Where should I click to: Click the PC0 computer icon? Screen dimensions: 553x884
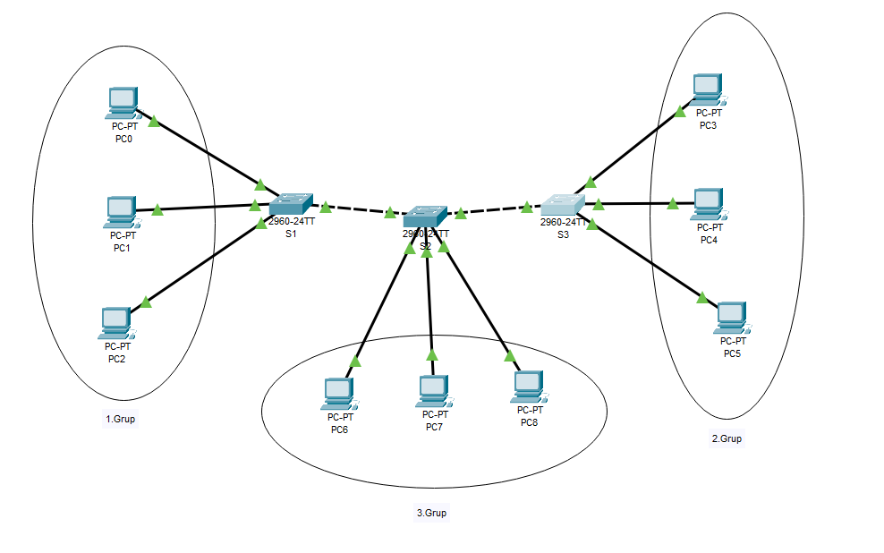point(121,103)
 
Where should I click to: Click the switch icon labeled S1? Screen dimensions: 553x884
point(291,204)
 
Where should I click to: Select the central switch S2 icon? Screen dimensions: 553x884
point(424,215)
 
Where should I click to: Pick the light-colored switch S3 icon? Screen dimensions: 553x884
point(561,205)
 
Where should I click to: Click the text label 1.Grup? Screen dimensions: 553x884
point(121,419)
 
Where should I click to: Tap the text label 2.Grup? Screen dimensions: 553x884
point(727,438)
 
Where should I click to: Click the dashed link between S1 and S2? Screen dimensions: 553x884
point(358,210)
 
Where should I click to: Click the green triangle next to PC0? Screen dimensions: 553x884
point(154,121)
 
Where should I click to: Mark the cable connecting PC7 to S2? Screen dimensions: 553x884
point(429,304)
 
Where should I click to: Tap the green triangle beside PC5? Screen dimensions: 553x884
point(702,297)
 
